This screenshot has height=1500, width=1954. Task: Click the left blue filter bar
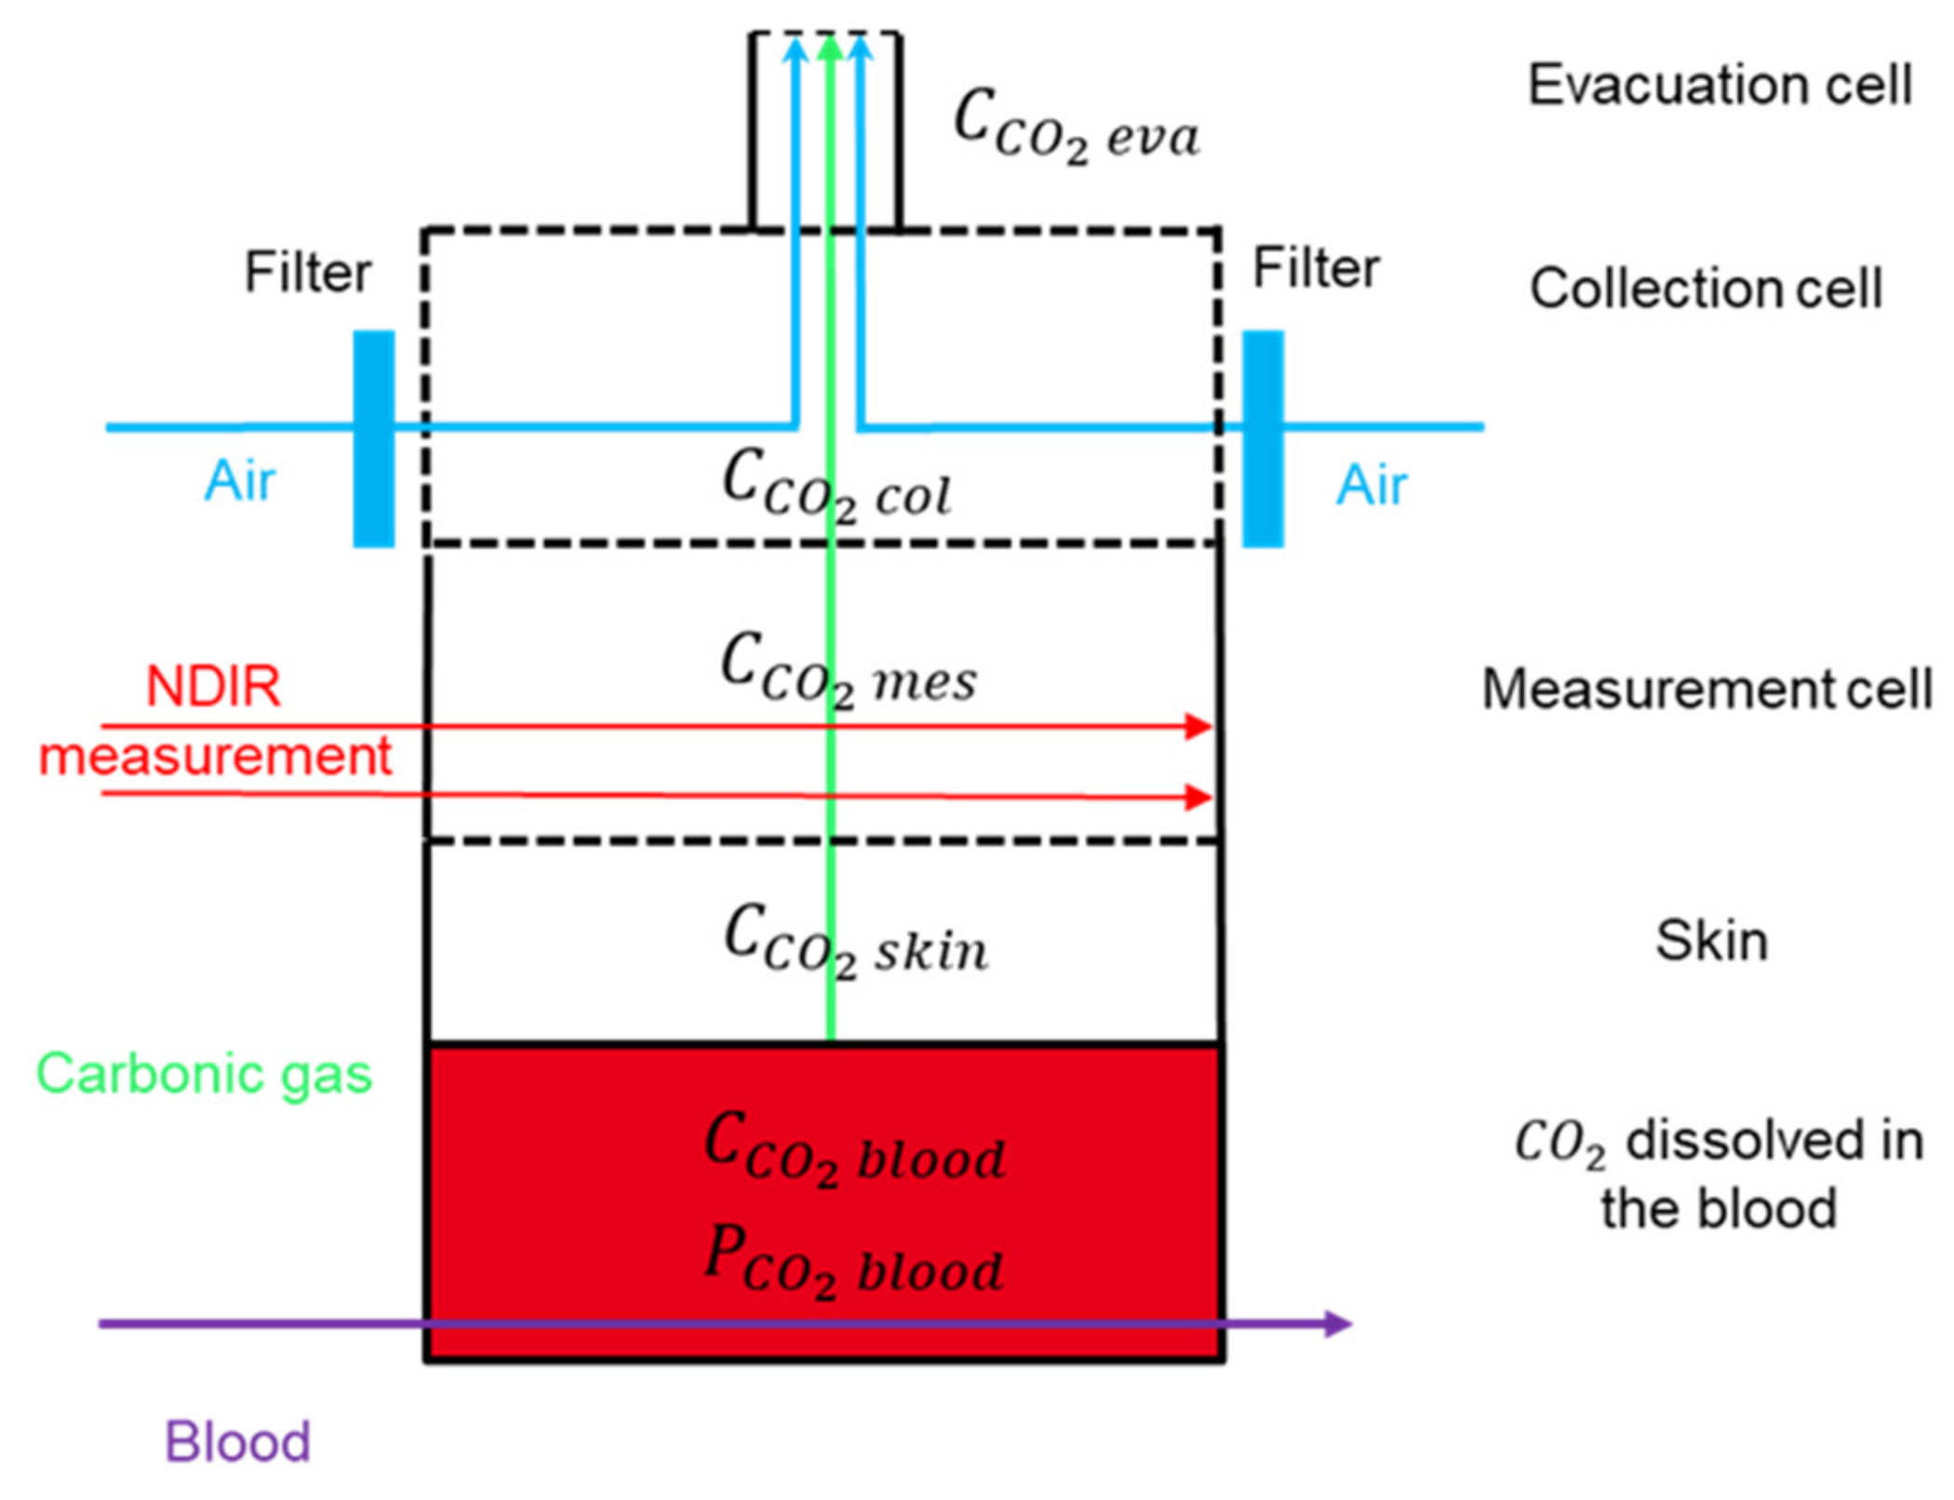[x=373, y=438]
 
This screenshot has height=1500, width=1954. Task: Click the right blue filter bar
[x=1264, y=438]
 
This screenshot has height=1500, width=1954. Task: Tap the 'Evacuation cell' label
[x=1720, y=85]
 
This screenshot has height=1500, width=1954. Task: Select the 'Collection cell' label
[x=1706, y=288]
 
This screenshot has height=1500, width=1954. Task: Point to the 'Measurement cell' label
[x=1706, y=690]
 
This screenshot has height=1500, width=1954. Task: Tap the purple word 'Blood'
[x=237, y=1441]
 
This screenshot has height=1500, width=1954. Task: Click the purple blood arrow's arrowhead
[x=1338, y=1323]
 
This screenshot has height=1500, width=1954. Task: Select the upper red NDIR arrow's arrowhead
[x=1198, y=727]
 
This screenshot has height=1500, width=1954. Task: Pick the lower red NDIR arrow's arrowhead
[x=1198, y=797]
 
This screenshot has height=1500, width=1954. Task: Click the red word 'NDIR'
[x=213, y=687]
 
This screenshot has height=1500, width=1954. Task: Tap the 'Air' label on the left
[x=239, y=481]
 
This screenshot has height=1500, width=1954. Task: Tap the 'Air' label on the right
[x=1372, y=485]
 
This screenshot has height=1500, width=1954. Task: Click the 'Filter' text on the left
[x=307, y=273]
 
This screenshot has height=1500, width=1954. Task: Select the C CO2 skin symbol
[x=855, y=942]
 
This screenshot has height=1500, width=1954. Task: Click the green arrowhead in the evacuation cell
[x=829, y=47]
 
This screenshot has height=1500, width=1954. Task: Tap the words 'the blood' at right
[x=1719, y=1209]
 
